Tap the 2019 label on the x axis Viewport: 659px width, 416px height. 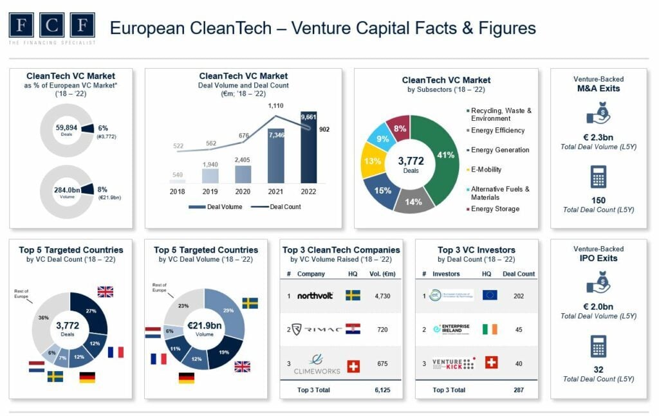click(210, 191)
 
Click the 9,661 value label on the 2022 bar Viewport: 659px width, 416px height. click(308, 117)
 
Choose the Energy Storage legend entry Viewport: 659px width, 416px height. click(495, 208)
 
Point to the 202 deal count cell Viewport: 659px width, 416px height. click(519, 295)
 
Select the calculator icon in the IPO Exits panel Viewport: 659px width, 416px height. click(599, 345)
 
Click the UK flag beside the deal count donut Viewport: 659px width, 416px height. click(105, 292)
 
